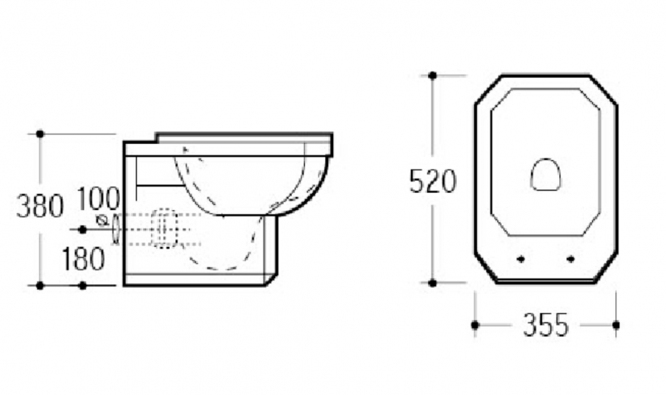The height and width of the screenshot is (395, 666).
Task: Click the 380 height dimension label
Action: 40,206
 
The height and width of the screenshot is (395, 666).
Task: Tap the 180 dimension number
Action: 84,259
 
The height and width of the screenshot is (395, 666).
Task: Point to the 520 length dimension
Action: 432,181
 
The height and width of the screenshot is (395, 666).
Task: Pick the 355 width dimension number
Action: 546,325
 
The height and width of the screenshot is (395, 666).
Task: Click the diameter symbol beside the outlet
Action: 101,221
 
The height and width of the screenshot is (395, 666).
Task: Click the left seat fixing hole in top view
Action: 521,259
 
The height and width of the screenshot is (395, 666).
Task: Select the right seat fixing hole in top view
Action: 570,259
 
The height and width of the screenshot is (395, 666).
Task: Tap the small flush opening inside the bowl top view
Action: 546,174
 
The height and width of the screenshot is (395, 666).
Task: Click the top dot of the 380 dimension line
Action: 40,134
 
